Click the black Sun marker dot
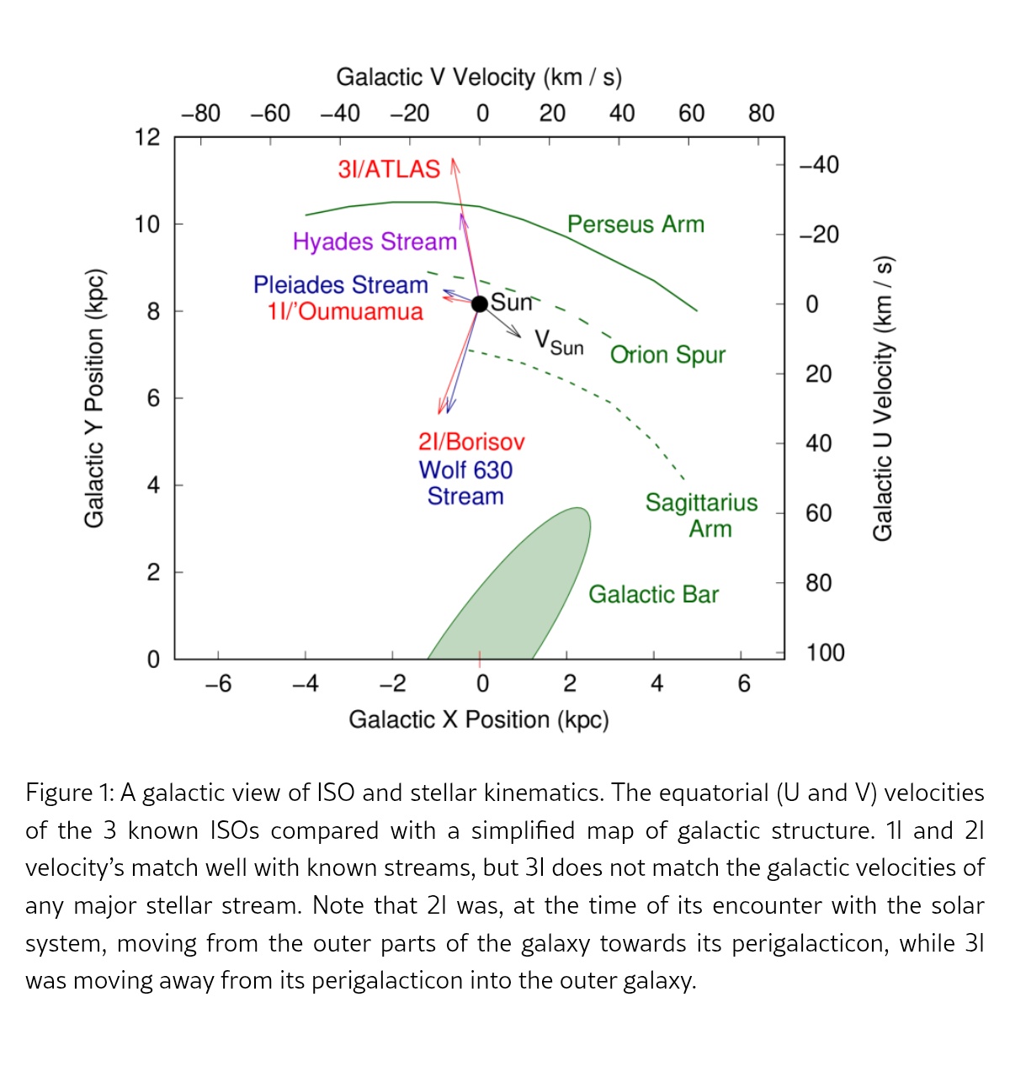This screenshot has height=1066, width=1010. pos(480,304)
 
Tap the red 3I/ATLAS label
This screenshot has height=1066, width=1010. pos(389,169)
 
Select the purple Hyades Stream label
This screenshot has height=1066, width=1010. pos(375,241)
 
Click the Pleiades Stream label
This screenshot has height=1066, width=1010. pos(341,284)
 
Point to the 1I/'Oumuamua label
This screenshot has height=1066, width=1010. pos(345,311)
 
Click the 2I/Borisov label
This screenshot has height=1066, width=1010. pos(471,442)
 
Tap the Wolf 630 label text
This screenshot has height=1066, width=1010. pos(465,469)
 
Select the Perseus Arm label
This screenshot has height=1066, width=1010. pos(635,224)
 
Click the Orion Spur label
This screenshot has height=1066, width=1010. pos(667,354)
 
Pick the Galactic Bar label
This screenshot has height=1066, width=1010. pos(653,594)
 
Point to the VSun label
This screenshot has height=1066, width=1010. pos(559,342)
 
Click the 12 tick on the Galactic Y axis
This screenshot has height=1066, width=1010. pos(147,137)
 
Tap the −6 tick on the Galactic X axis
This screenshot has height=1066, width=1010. pos(218,683)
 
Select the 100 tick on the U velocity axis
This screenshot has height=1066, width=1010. pos(825,652)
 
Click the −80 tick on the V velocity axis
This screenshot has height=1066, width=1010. pos(200,113)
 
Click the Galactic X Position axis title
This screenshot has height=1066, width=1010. pos(478,719)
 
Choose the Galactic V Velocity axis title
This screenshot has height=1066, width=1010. pos(479,77)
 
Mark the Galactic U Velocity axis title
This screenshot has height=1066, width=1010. pos(881,398)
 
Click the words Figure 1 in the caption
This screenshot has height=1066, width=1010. pos(70,793)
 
